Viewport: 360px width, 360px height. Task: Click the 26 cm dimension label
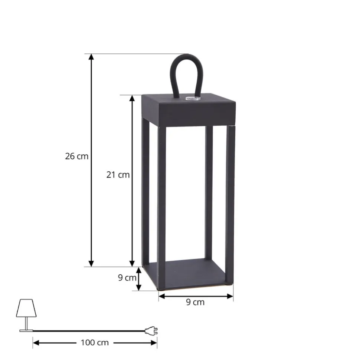pos(76,156)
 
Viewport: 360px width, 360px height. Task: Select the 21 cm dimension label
pos(118,175)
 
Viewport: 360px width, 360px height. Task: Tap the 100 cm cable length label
pos(95,343)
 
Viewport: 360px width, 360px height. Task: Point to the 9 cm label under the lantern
pos(195,302)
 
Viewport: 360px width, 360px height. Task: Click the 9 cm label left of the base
pos(127,278)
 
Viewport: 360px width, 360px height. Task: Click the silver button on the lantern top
pos(193,99)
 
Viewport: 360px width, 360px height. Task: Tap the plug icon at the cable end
pos(151,331)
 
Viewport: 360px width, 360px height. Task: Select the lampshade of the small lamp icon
pos(26,308)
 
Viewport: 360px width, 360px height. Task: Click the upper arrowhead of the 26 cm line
pos(91,57)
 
